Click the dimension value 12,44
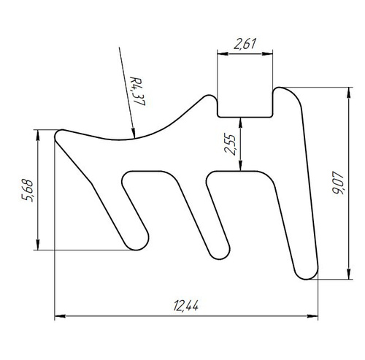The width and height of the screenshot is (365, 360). point(186,305)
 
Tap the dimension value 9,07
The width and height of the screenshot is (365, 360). point(338,183)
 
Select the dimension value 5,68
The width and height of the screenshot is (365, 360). point(27,191)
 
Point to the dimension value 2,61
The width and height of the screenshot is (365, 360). point(245,44)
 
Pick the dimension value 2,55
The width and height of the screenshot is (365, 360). point(230,144)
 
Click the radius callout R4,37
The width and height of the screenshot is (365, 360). point(137,91)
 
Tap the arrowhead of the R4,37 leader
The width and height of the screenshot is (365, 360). point(133,133)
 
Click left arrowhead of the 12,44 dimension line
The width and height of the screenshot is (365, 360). point(60,316)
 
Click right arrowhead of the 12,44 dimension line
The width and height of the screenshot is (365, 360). point(312,316)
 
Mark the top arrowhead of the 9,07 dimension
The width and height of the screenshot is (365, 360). point(349,93)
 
